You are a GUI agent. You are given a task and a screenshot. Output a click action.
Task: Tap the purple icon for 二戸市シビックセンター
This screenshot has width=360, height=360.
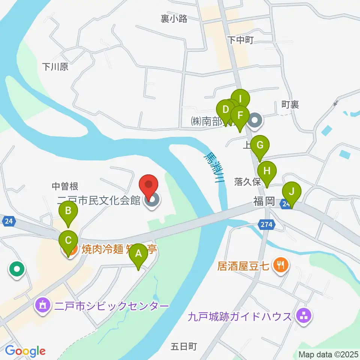[42, 306]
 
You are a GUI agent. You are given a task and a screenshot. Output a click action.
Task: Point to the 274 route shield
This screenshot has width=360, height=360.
[267, 225]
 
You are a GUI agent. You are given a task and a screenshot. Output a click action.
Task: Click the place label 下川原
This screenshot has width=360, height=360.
[55, 67]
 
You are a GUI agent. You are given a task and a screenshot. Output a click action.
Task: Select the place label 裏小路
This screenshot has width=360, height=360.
[174, 19]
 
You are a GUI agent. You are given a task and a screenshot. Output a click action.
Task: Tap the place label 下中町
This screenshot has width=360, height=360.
[241, 40]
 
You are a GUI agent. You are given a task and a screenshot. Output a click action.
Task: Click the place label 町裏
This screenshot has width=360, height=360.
[290, 105]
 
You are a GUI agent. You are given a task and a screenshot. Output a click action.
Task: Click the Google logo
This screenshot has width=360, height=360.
[25, 351]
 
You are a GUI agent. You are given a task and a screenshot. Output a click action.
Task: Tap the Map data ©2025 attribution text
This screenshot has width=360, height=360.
[328, 354]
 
